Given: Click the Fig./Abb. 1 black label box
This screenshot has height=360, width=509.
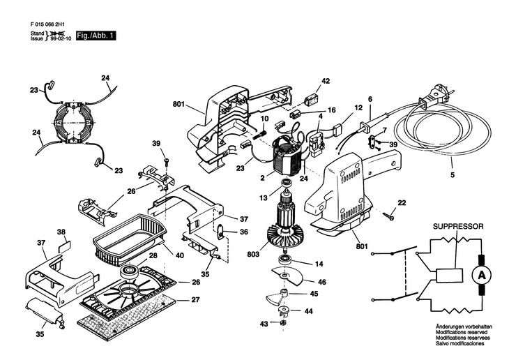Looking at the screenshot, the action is (96, 36).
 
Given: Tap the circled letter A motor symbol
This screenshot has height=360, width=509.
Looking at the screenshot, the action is (481, 276).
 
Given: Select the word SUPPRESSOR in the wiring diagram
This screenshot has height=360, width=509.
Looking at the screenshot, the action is (458, 227).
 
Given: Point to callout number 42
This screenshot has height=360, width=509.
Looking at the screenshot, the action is (325, 81).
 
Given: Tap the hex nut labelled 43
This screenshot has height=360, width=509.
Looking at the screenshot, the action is (282, 322).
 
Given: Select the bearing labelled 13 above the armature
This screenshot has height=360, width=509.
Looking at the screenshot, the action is (286, 183).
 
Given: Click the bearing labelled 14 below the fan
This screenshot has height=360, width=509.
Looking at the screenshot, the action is (286, 260).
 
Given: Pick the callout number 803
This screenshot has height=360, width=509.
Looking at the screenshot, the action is (253, 254).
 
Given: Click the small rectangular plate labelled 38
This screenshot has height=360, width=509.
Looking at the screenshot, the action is (64, 246).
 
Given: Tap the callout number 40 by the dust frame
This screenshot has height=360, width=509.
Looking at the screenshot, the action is (179, 255).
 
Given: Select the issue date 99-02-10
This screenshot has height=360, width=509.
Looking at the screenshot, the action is (61, 38).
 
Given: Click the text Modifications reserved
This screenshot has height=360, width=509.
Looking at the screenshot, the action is (462, 332).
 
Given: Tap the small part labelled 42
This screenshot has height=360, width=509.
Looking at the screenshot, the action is (311, 100).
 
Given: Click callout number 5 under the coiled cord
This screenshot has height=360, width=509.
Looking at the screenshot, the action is (453, 175).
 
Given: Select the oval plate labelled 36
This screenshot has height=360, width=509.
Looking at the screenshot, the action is (220, 232).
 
